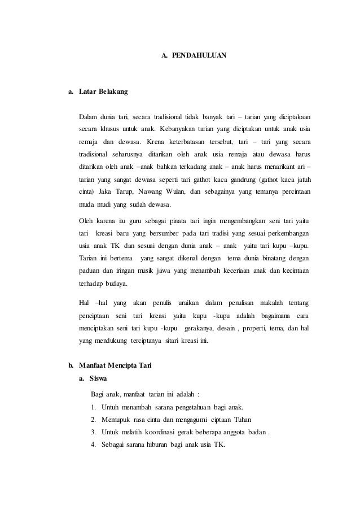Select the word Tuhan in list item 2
(241, 420)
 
